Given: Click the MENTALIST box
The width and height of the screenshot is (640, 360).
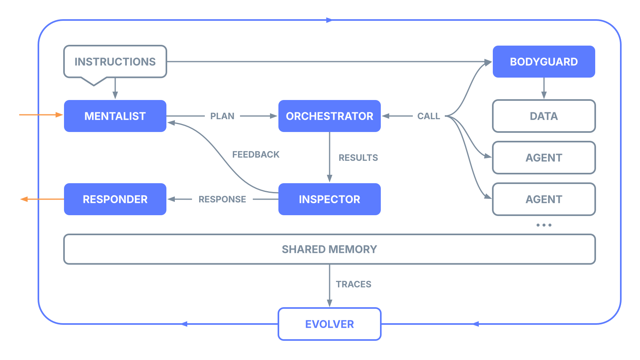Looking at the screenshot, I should click(115, 116).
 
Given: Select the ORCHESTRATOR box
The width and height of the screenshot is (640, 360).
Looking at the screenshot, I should click(329, 116).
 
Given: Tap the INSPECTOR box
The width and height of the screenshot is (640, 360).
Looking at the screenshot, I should click(329, 199).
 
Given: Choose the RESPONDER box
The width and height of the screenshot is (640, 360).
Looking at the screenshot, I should click(115, 199).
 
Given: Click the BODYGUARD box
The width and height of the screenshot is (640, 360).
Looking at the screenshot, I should click(544, 62).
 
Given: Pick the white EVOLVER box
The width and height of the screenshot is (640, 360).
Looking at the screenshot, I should click(329, 324).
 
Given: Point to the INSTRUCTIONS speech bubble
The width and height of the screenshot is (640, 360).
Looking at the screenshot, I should click(115, 62).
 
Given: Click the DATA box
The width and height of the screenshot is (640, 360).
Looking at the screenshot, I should click(544, 116).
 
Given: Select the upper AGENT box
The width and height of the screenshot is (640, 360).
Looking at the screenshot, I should click(544, 158).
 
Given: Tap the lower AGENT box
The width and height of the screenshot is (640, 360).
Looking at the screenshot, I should click(544, 199).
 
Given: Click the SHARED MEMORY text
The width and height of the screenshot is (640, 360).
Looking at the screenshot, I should click(329, 249).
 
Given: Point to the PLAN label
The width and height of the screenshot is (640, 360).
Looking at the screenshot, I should click(222, 116).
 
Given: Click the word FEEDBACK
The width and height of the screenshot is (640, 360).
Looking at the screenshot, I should click(256, 154).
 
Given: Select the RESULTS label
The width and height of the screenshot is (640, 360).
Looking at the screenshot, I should click(358, 158).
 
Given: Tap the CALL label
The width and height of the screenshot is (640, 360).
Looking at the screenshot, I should click(428, 116).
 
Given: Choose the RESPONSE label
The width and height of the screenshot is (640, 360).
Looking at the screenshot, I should click(222, 199).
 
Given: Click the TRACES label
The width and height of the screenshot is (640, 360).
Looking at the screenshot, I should click(354, 284).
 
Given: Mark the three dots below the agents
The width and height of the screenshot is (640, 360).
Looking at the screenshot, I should click(544, 225).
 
